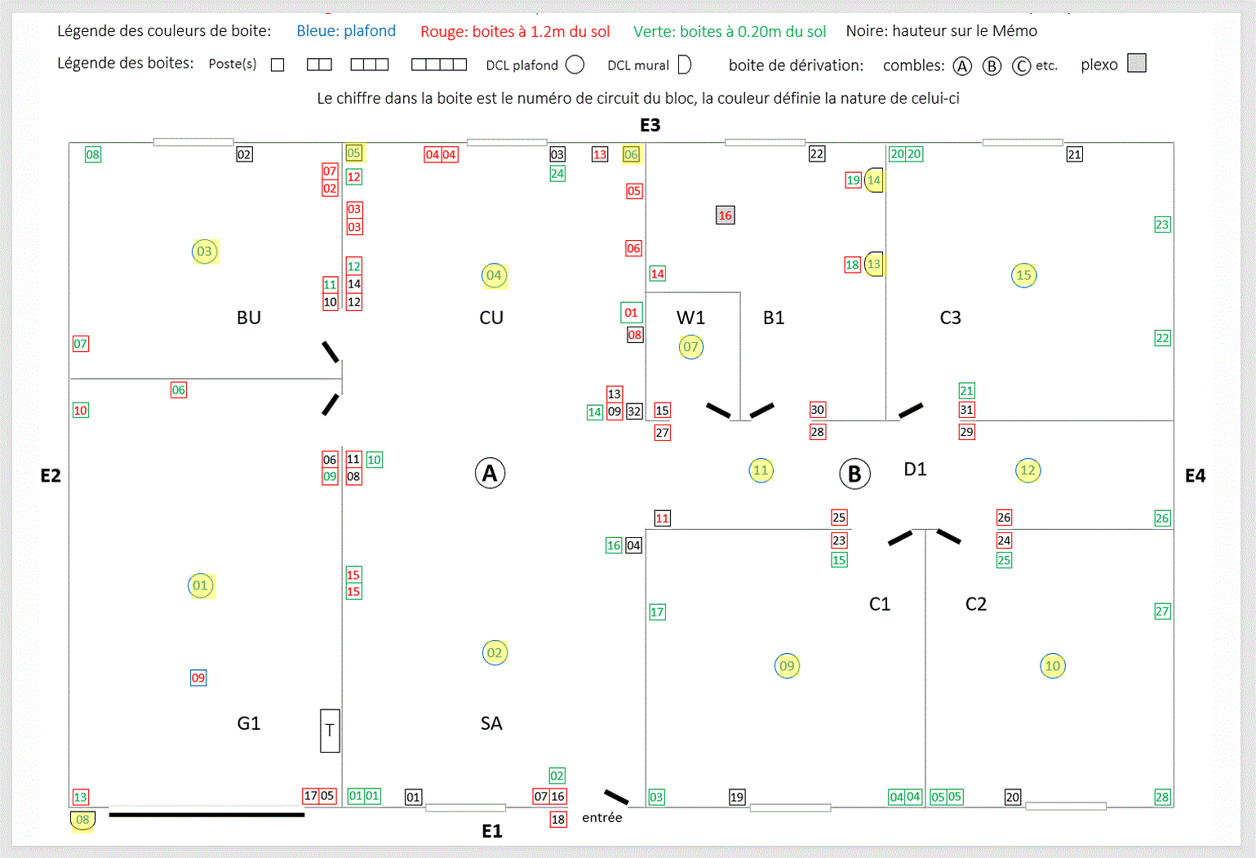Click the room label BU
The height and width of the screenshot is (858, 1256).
pos(249,318)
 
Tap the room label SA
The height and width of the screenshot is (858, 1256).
pos(491,723)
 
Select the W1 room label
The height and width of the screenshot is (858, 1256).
pos(690,318)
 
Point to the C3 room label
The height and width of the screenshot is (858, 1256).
pos(950,318)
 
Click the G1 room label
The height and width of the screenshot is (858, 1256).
pos(249,723)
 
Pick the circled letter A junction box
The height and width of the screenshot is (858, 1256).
pos(490,473)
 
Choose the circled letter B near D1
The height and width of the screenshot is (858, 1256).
pos(854,473)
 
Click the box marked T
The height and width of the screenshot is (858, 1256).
pos(330,731)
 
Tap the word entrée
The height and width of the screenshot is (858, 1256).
pos(602,817)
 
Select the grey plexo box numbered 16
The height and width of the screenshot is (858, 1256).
pos(725,216)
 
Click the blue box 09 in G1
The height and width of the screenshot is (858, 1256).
pos(198,678)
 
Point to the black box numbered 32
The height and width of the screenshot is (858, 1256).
pos(634,411)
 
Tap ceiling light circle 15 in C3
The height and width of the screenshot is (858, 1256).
pos(1023,275)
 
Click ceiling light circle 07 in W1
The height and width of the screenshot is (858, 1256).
pos(690,347)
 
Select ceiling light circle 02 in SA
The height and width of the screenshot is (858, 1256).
pos(495,653)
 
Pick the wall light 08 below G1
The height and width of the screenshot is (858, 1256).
pos(82,820)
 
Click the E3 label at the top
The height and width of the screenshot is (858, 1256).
pos(650,125)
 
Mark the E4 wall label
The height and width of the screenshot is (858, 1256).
pos(1195,476)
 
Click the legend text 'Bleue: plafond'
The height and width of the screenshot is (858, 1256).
pos(346,31)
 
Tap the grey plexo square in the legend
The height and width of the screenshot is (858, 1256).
pos(1137,63)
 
